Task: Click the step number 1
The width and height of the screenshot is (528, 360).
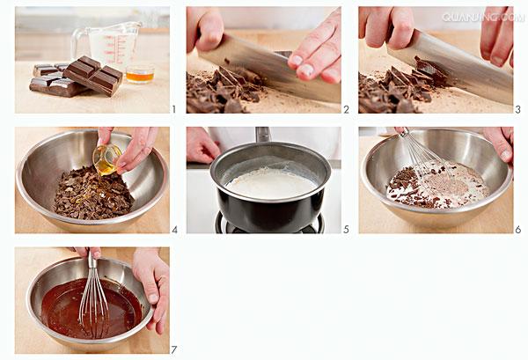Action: coord(173,109)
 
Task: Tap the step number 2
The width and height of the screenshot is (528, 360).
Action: coord(347,109)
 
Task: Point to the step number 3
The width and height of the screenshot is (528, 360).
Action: coord(518,109)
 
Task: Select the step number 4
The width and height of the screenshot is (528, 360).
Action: coord(174,230)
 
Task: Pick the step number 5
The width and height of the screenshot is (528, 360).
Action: coord(346,230)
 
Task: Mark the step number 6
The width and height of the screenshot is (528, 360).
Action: coord(518,230)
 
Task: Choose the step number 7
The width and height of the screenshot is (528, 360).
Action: coord(173,350)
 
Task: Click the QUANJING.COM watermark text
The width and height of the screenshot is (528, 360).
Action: coord(483,18)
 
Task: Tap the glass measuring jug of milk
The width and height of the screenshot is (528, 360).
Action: coord(107,46)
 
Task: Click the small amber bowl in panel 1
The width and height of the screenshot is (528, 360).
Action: coord(140,74)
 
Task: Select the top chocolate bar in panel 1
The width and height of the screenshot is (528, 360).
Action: coord(92,76)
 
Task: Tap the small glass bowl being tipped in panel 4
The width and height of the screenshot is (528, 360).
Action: coord(107,159)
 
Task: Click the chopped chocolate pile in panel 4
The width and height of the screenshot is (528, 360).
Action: coord(93,194)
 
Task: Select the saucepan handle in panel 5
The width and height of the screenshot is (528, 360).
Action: coord(263,135)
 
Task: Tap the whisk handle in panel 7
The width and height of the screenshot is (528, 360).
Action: coord(92,259)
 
